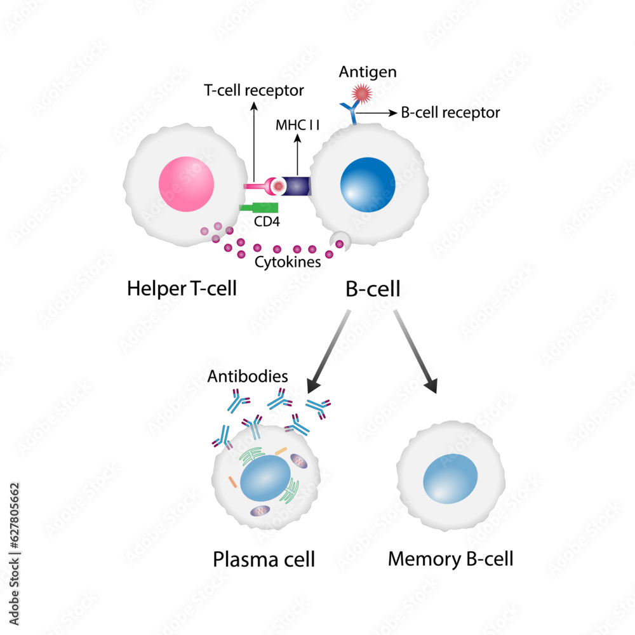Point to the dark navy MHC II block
click(x=296, y=185)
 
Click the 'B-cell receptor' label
click(x=450, y=113)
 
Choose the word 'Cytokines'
click(x=287, y=262)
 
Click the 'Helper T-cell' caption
click(x=182, y=289)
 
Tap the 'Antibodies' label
click(x=248, y=377)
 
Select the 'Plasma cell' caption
click(x=264, y=560)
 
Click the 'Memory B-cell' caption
click(x=450, y=559)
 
